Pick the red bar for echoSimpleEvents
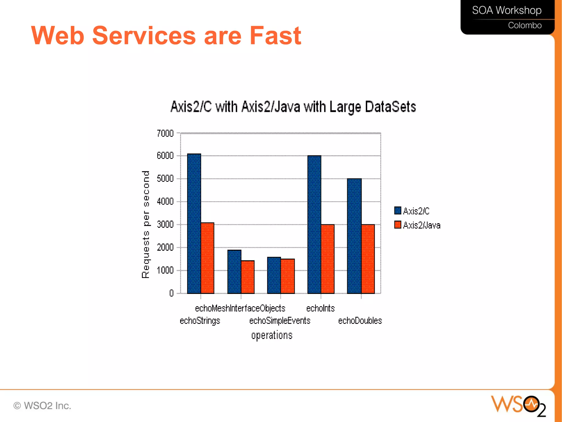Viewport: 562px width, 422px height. click(x=288, y=276)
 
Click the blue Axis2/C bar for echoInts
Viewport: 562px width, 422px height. click(x=314, y=224)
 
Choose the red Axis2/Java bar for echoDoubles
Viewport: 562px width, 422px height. click(x=368, y=259)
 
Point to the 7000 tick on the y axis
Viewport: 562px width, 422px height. click(x=165, y=133)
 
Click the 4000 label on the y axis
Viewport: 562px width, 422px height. click(x=165, y=202)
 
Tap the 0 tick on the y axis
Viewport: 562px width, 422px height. click(x=172, y=293)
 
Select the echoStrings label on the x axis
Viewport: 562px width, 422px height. click(x=200, y=321)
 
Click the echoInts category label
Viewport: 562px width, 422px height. click(x=320, y=308)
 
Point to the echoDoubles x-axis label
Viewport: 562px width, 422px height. click(x=360, y=321)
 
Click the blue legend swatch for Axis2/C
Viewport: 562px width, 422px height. click(x=397, y=211)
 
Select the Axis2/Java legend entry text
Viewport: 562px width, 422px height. click(x=421, y=225)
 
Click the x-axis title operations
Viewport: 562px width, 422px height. click(x=272, y=335)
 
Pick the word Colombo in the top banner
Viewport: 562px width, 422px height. click(x=524, y=25)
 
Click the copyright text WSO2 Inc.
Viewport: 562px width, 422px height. click(x=43, y=406)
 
